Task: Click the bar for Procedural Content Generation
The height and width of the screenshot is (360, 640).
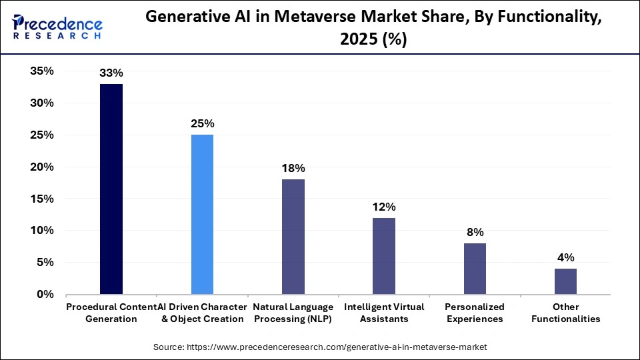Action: pos(111,189)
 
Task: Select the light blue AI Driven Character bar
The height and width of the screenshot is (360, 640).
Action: pos(202,215)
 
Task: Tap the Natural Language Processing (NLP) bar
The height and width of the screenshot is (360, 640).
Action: pos(293,237)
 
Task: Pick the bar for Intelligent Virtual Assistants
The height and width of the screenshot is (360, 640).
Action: pos(383,256)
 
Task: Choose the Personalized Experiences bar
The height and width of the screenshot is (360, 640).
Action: pos(475,269)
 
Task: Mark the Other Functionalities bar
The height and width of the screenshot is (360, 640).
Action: pos(565,281)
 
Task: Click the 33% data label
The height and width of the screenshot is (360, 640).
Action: pos(111,73)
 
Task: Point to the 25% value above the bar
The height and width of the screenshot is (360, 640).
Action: pos(202,124)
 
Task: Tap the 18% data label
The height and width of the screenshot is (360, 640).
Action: pos(293,169)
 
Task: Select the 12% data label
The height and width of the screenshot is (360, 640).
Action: pos(383,207)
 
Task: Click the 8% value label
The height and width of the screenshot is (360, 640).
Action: pos(475,232)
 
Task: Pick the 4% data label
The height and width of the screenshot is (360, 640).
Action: pos(565,257)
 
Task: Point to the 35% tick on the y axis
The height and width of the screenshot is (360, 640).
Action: pos(41,71)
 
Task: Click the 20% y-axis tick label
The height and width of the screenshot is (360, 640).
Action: pos(41,167)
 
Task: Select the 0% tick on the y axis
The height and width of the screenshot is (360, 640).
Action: pos(45,294)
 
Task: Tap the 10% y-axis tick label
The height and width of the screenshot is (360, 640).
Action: pos(41,231)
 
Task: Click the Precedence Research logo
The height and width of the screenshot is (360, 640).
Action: pos(57,27)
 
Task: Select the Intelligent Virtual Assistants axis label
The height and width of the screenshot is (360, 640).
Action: pos(383,313)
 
